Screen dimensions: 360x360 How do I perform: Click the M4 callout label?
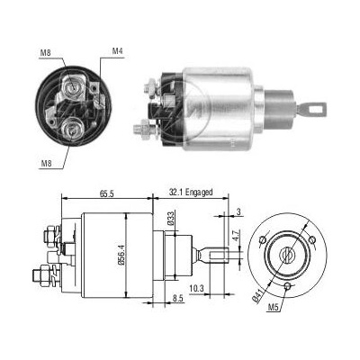point(118,51)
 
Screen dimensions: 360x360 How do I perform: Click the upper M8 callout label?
point(46,53)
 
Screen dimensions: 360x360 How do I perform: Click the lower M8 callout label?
point(47,164)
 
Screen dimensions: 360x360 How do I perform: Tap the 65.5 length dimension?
point(107,193)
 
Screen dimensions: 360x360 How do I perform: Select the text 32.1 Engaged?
point(191,192)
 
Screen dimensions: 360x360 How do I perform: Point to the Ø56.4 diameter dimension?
point(121,254)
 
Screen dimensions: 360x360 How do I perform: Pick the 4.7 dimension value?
point(236,236)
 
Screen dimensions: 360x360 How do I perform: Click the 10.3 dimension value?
point(196,289)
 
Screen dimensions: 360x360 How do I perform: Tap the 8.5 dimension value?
point(177,298)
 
